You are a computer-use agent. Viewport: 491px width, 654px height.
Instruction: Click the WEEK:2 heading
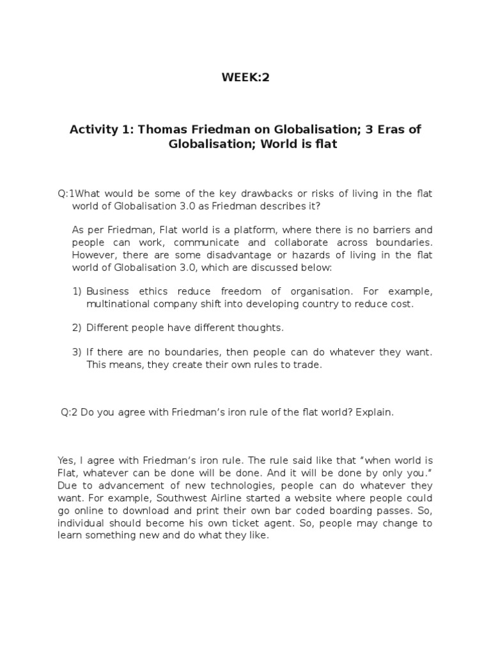coord(245,78)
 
